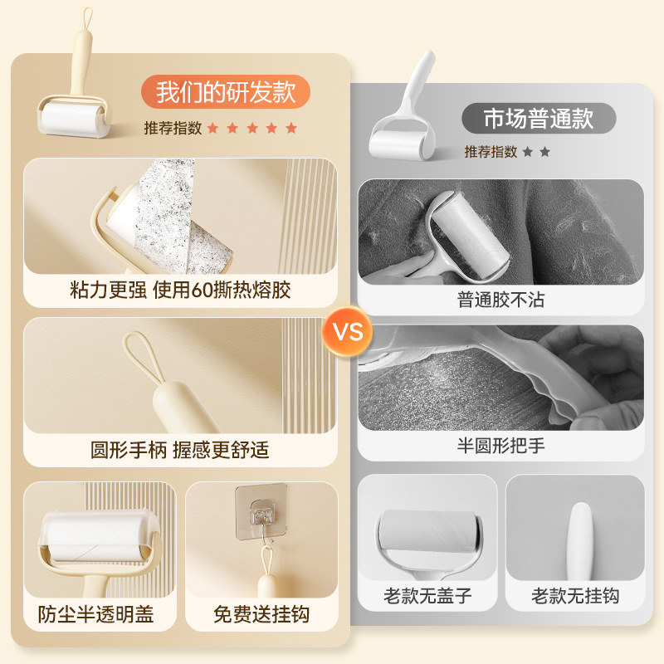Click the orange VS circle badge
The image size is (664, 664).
coord(349,332)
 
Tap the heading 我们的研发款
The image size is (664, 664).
coord(226,91)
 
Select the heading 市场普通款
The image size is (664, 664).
coord(539,119)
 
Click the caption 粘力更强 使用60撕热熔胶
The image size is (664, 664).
coord(180,290)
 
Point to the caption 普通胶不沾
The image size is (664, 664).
coord(500,300)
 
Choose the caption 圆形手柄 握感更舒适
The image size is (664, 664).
coord(180,450)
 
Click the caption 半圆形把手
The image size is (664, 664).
coord(500,445)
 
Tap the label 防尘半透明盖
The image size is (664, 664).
coord(96,615)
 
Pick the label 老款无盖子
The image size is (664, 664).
coord(427,596)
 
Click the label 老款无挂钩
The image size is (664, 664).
coord(575,596)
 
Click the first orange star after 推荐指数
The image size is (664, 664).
coord(212,128)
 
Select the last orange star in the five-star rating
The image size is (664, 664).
coord(291,128)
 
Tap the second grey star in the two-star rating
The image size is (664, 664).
coord(545,152)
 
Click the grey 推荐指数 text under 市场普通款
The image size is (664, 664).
coord(491,152)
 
